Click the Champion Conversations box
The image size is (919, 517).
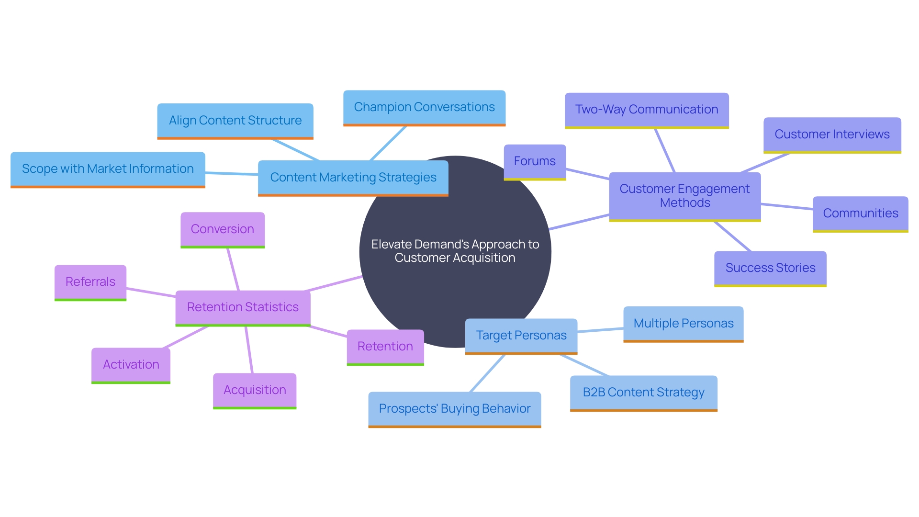[424, 107]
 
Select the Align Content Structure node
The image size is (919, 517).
[235, 121]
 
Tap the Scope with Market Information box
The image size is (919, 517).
[108, 169]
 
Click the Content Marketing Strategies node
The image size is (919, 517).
[353, 178]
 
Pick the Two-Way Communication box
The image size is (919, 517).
[646, 110]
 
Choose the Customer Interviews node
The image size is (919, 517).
[832, 135]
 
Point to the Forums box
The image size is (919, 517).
[535, 161]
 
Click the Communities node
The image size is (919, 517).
[860, 214]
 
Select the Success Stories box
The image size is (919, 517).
[770, 268]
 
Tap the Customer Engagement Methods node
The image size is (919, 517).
[684, 196]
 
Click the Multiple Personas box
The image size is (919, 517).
[683, 324]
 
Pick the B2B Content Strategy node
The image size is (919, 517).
[643, 393]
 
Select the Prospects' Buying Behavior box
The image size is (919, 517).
[454, 409]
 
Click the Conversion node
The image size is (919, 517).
[222, 229]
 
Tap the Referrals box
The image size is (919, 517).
[90, 282]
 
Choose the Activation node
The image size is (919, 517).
[131, 365]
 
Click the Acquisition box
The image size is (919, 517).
[255, 390]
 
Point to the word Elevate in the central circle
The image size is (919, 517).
[391, 245]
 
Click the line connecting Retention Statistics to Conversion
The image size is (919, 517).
[233, 269]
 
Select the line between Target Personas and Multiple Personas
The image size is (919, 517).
[600, 330]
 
